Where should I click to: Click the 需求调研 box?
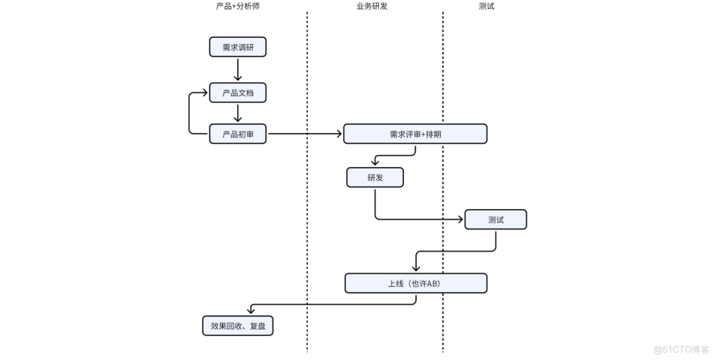(237, 47)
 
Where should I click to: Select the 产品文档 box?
(237, 92)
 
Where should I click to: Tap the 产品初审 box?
(237, 134)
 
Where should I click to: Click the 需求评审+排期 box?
(415, 134)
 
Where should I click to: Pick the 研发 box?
(374, 178)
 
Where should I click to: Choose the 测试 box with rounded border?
(495, 220)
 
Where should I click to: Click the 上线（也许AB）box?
(415, 283)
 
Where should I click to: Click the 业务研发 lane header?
(372, 7)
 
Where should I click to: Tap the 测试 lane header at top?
(486, 7)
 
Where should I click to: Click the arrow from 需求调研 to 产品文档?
(237, 69)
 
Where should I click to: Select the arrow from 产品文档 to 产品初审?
(237, 113)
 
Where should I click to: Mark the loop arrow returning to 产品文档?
(190, 113)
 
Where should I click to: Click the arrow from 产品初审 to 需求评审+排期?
(305, 134)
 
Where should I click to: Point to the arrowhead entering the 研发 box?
(375, 163)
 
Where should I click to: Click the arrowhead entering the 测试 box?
(460, 220)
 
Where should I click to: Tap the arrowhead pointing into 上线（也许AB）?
(415, 269)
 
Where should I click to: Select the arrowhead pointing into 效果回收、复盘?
(250, 311)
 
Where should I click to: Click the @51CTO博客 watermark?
(681, 349)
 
